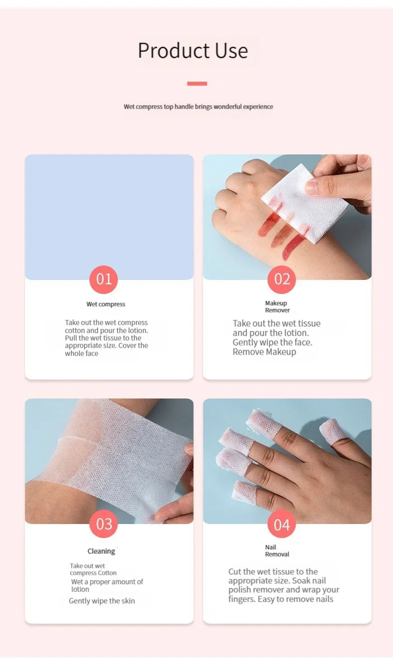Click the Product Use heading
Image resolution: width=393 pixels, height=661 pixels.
193,51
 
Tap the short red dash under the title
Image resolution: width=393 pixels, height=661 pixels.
197,84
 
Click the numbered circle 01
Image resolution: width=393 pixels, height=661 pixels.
103,279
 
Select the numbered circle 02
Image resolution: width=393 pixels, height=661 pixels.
282,279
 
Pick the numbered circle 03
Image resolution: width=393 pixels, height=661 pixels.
103,524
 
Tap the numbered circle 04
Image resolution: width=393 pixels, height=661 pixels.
282,525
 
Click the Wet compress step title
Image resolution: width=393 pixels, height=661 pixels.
105,304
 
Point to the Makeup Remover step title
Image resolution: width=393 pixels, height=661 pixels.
277,307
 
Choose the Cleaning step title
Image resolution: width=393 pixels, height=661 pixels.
101,551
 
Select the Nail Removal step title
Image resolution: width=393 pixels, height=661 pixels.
277,551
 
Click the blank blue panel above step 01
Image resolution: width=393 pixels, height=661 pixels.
109,214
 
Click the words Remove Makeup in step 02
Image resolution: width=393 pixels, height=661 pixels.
264,352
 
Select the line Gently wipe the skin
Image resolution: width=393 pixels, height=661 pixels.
101,601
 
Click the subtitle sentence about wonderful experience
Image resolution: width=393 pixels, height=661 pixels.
198,107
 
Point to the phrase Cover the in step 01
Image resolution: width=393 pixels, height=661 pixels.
134,346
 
